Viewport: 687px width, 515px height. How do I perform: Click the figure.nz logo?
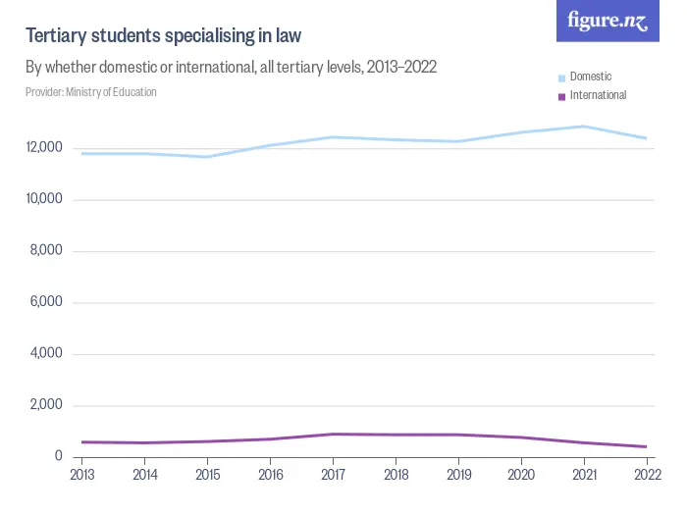coord(608,21)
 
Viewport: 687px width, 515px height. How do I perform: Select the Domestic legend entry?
coord(590,77)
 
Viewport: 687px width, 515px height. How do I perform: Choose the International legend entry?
coord(597,95)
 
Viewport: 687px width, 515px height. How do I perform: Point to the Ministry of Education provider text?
coord(91,92)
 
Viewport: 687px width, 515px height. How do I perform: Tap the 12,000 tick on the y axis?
coord(45,148)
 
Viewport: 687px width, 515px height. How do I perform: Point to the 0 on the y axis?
coord(59,457)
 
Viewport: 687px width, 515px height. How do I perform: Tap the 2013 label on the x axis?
coord(81,474)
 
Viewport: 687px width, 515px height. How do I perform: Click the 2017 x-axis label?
coord(333,474)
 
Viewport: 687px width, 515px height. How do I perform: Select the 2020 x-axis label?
coord(521,474)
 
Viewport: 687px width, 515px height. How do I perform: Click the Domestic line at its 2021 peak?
coord(584,127)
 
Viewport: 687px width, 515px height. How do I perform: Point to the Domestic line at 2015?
coord(207,157)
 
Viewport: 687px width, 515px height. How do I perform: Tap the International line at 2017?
coord(333,434)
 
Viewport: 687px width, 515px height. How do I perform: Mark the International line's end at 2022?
coord(646,446)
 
